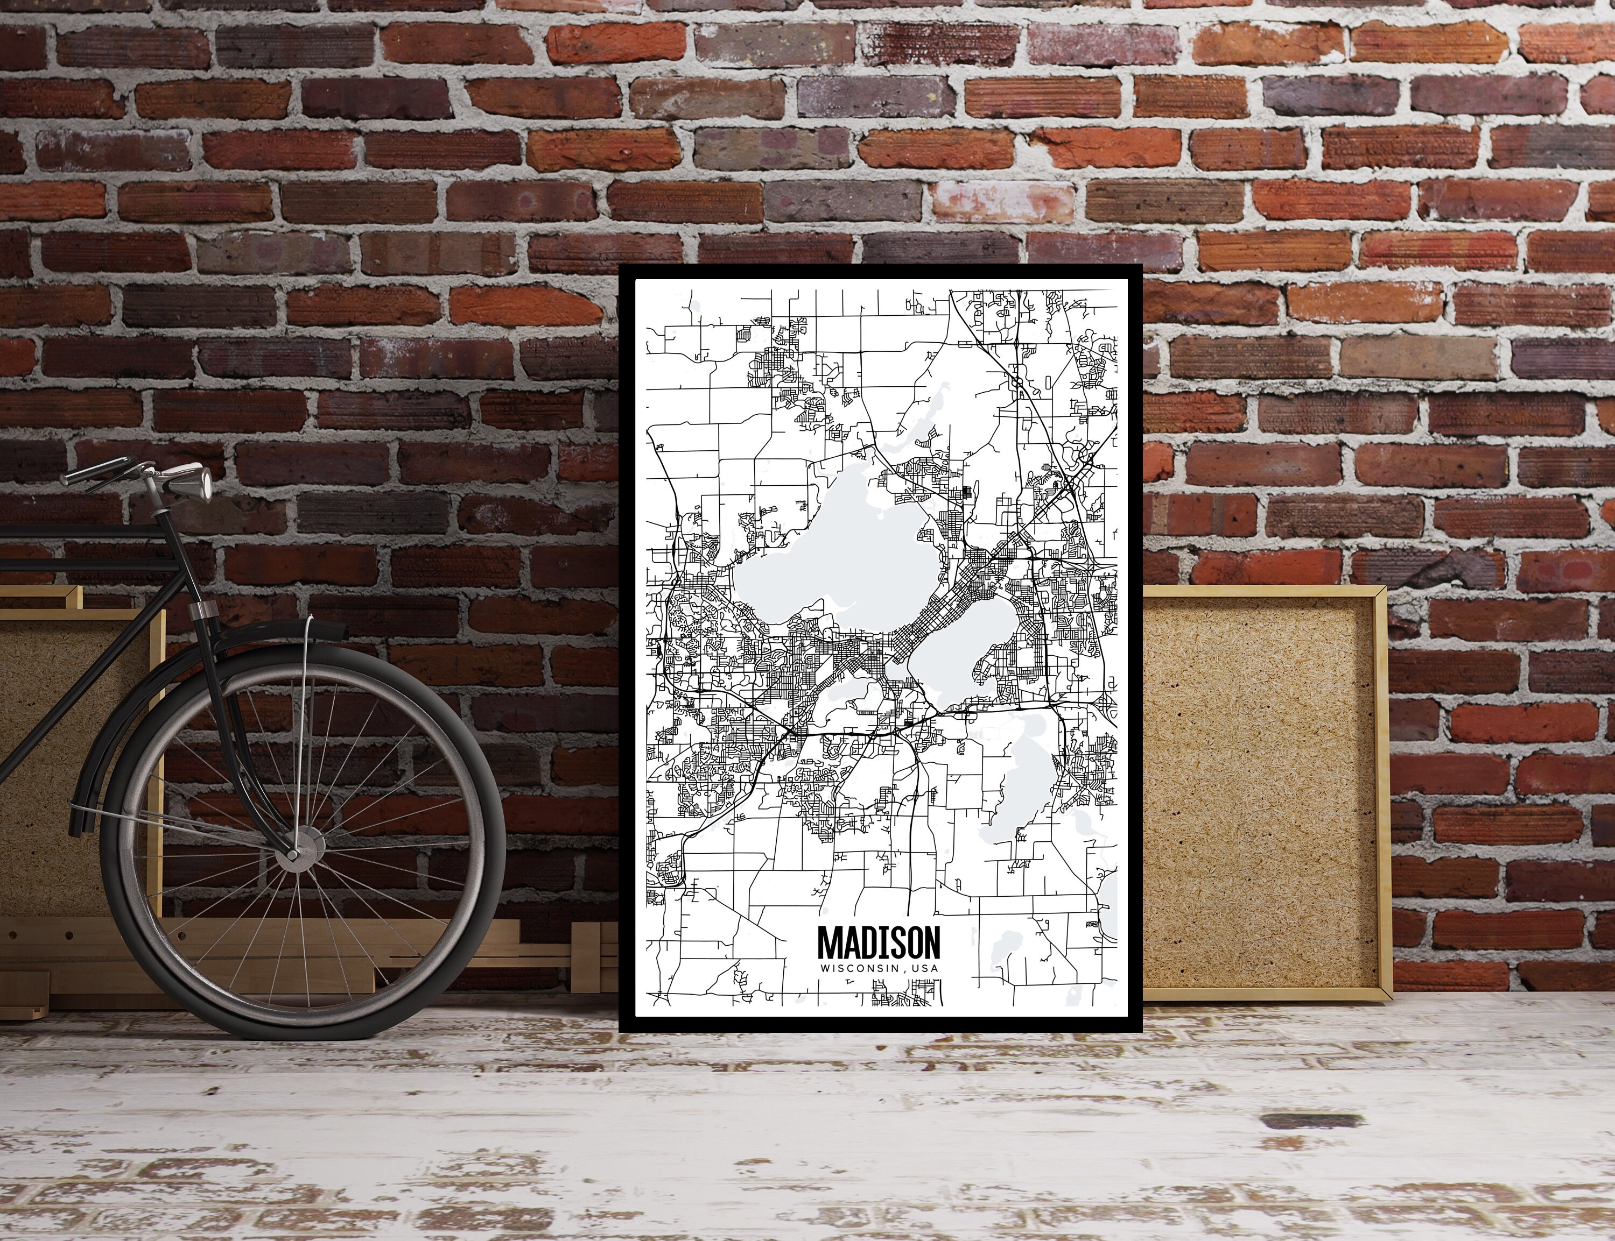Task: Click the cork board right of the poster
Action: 1256,798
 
